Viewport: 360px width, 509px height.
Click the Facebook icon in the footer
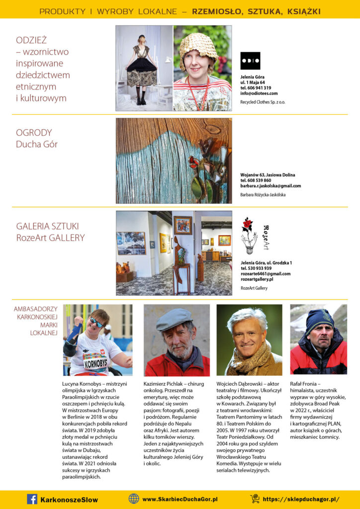(x=32, y=499)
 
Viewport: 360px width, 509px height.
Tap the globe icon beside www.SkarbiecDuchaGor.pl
(x=134, y=499)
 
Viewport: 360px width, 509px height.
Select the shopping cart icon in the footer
(x=255, y=499)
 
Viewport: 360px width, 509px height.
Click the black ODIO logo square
(x=250, y=61)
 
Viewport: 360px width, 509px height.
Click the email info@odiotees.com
(x=259, y=93)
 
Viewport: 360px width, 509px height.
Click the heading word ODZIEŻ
(x=31, y=40)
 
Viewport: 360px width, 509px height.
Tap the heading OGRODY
(x=34, y=133)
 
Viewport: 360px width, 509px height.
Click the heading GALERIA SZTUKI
(x=47, y=226)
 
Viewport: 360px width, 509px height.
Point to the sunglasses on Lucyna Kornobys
(x=96, y=323)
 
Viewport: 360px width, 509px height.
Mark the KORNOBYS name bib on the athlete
(x=95, y=363)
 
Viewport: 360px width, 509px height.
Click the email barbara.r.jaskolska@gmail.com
(x=270, y=186)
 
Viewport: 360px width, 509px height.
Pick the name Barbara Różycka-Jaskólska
(x=263, y=195)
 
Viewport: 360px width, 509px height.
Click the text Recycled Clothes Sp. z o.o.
(x=263, y=102)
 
